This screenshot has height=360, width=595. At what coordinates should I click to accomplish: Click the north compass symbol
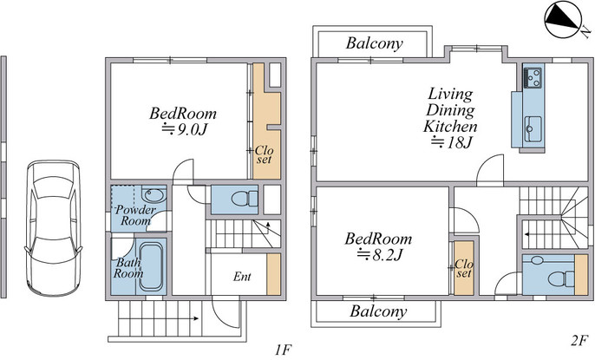point(564,20)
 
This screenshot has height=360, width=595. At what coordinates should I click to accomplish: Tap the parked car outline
point(53,228)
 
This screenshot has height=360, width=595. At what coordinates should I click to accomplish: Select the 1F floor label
point(284,350)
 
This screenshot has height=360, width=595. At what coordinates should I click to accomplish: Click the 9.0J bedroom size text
point(185,129)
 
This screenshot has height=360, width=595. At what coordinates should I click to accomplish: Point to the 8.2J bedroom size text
point(380,254)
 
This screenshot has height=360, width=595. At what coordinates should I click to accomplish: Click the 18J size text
point(451,142)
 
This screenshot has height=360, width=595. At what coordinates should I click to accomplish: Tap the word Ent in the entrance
point(242,277)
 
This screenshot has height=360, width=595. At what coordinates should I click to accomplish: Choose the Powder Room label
point(135,215)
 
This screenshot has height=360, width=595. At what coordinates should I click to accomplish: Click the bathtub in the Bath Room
point(152,266)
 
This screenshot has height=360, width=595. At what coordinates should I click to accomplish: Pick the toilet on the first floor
point(245,199)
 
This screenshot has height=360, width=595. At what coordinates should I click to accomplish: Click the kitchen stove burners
point(533,77)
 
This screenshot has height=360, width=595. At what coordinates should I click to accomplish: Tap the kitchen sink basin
point(533,128)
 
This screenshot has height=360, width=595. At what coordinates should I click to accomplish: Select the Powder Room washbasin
point(154,195)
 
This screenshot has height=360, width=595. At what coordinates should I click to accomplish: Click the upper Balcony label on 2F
point(374,43)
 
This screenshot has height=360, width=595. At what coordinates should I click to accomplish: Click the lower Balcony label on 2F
point(378,311)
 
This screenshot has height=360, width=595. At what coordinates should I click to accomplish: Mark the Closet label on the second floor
point(464,268)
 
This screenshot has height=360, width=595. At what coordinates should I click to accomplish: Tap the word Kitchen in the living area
point(450,126)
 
